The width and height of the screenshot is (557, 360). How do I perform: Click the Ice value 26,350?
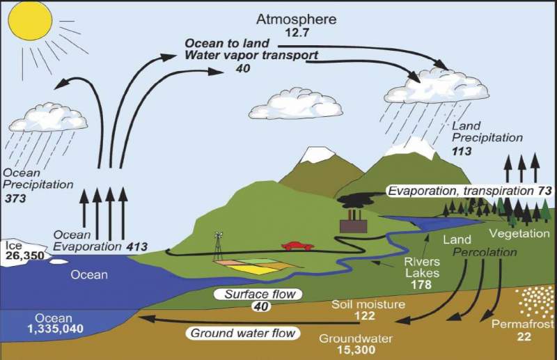coord(24,256)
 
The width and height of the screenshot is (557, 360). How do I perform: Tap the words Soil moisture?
coord(359,304)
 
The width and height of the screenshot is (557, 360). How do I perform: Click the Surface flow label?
coord(259,294)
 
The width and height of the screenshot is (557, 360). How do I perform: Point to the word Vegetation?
coord(519,233)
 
